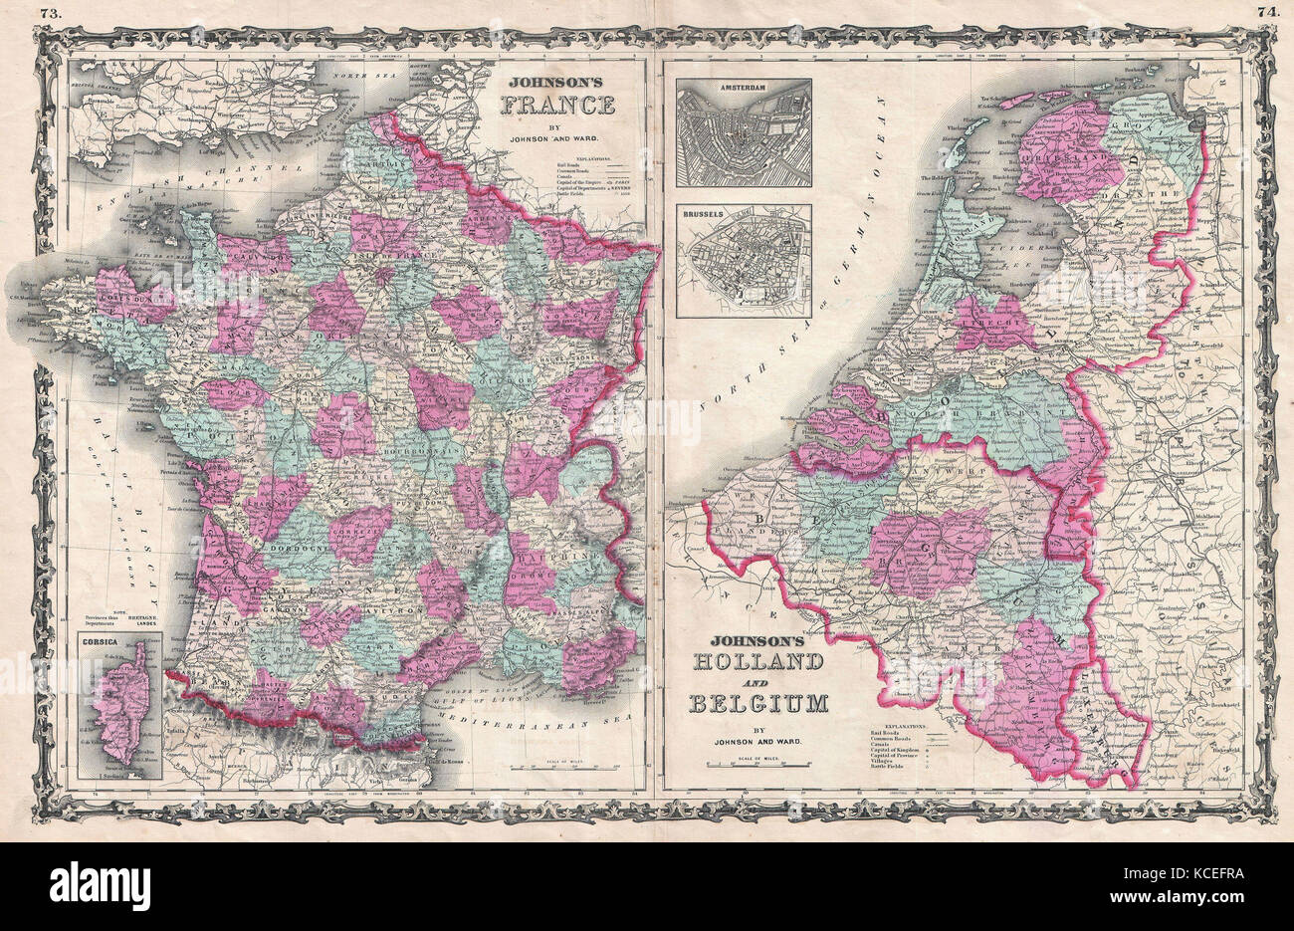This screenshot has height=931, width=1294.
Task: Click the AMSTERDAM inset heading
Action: [x=743, y=88]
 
